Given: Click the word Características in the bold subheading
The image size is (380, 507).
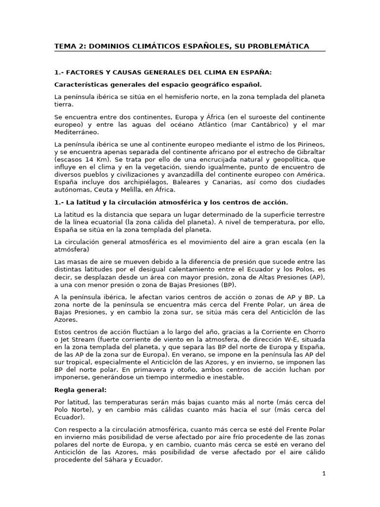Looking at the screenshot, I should coord(79,85).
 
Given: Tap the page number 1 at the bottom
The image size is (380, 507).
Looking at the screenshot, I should coord(324,474).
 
